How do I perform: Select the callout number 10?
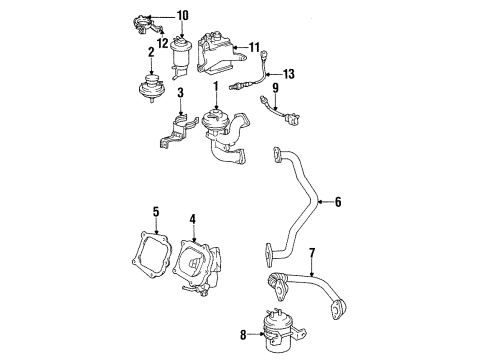pyautogui.click(x=182, y=15)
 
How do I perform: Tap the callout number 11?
pyautogui.click(x=254, y=46)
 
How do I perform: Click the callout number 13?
pyautogui.click(x=290, y=74)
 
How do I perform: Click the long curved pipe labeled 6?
pyautogui.click(x=300, y=200)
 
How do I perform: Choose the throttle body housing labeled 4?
pyautogui.click(x=204, y=265)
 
